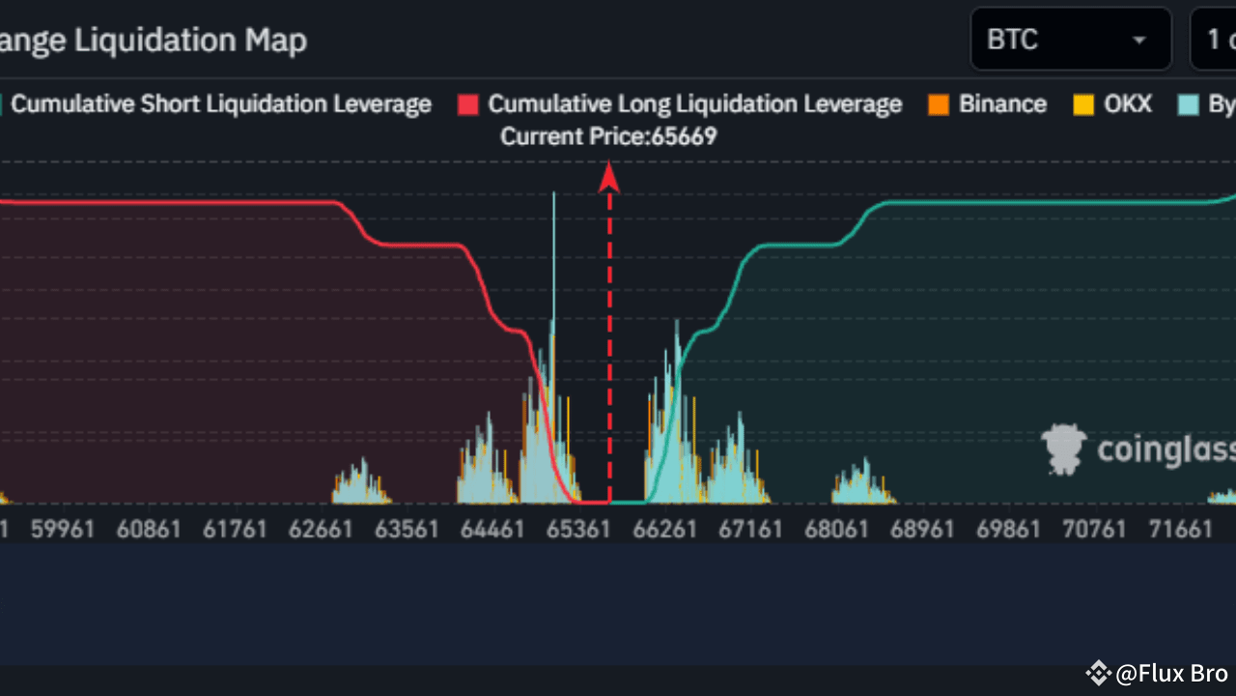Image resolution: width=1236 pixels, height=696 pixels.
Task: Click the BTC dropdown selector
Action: (1070, 40)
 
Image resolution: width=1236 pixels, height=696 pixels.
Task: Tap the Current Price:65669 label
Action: (608, 136)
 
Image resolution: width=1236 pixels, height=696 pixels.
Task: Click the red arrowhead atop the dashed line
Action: (609, 176)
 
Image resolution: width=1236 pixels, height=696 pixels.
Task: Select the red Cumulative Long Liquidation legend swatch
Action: (468, 104)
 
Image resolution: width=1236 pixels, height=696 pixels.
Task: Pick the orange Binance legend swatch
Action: (938, 104)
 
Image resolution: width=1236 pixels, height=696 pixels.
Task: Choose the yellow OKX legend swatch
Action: (1083, 104)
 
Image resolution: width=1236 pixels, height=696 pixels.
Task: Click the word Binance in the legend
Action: (1002, 104)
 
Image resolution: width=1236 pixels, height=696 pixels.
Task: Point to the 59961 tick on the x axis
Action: (63, 529)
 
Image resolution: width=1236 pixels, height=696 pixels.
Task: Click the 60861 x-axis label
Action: (149, 529)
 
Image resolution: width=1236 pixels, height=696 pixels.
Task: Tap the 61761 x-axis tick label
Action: (235, 529)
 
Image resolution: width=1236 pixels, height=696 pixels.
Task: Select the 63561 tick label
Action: (407, 529)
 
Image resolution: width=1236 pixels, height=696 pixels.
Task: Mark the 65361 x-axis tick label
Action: (578, 529)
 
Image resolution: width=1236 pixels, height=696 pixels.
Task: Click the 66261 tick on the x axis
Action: (664, 529)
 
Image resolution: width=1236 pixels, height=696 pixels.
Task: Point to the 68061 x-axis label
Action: (836, 529)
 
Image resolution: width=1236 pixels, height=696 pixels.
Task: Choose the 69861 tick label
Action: (1008, 529)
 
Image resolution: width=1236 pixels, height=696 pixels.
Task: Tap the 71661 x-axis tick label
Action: (1180, 529)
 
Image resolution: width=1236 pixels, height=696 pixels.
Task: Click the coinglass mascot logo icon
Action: (1063, 449)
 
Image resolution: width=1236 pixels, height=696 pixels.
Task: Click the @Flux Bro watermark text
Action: (1170, 673)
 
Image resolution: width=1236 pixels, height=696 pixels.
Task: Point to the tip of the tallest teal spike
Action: (553, 193)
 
